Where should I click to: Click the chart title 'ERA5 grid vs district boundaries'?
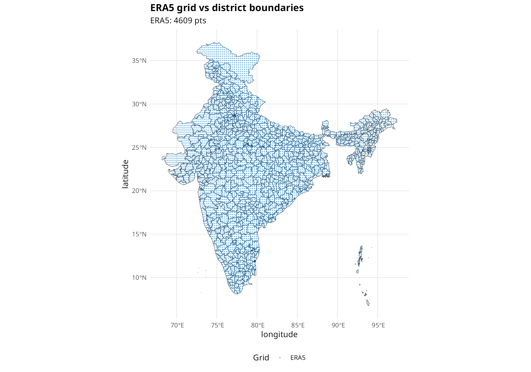pyautogui.click(x=227, y=8)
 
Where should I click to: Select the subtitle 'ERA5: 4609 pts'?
pyautogui.click(x=178, y=21)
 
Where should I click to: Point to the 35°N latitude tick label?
pyautogui.click(x=139, y=61)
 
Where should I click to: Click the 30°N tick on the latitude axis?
pyautogui.click(x=139, y=104)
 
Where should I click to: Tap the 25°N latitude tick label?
pyautogui.click(x=139, y=148)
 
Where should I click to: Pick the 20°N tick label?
pyautogui.click(x=139, y=191)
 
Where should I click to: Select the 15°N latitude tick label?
pyautogui.click(x=139, y=234)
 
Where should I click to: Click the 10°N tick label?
pyautogui.click(x=139, y=278)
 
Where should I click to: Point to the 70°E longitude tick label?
pyautogui.click(x=177, y=325)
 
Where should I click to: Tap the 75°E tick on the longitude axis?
pyautogui.click(x=217, y=325)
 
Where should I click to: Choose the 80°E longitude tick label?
pyautogui.click(x=258, y=325)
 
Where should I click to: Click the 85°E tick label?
pyautogui.click(x=298, y=325)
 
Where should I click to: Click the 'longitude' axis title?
pyautogui.click(x=279, y=334)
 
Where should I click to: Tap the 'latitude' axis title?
pyautogui.click(x=125, y=174)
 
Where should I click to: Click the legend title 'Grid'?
pyautogui.click(x=261, y=358)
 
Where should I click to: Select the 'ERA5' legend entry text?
pyautogui.click(x=298, y=358)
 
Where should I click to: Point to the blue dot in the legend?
pyautogui.click(x=280, y=358)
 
